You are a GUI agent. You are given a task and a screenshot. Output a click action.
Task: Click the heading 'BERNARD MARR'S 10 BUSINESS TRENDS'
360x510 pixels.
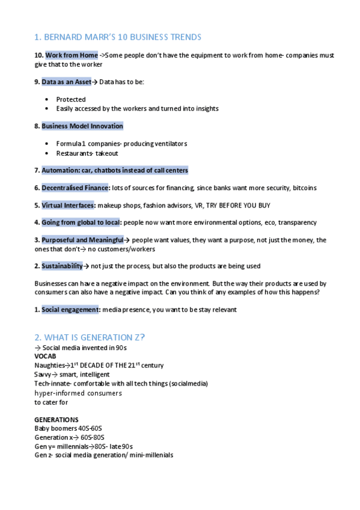click(x=123, y=37)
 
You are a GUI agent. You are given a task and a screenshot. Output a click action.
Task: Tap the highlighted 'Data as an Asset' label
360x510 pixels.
click(x=66, y=82)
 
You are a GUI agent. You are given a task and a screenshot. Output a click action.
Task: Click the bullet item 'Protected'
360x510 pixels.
click(x=71, y=99)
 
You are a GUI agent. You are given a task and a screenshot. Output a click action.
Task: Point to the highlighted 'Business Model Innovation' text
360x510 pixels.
click(x=82, y=126)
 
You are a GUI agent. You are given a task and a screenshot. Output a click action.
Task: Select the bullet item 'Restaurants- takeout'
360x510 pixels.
click(x=87, y=153)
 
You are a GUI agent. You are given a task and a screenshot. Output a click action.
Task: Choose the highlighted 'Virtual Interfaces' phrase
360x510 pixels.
click(x=68, y=205)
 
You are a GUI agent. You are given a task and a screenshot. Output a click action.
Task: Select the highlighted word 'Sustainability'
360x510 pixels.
click(x=62, y=266)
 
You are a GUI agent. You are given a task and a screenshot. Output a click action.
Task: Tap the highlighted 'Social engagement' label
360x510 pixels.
click(x=70, y=309)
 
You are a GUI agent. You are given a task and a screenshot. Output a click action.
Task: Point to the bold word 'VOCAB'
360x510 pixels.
click(x=45, y=357)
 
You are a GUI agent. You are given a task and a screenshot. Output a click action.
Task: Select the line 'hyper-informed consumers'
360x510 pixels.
click(x=78, y=393)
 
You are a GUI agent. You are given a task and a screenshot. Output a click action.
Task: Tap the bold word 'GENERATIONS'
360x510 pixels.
click(x=56, y=419)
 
